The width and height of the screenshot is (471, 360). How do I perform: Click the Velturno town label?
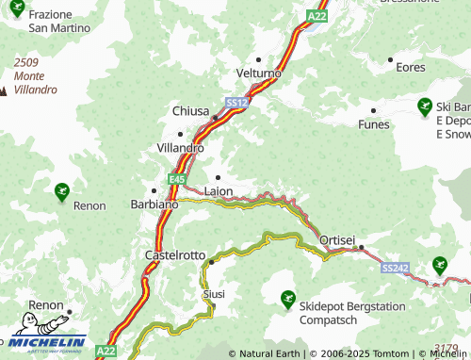259,73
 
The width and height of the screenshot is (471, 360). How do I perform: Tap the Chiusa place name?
190,110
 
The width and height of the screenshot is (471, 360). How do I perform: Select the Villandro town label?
179,148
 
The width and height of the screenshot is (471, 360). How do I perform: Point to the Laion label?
218,190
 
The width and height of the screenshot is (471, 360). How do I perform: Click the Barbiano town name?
155,204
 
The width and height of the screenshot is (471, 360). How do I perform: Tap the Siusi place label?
214,294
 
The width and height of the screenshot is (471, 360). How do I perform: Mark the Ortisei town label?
337,240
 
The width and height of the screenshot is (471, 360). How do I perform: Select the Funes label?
374,123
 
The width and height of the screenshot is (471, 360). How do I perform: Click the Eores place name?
411,67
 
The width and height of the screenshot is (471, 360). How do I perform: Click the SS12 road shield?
235,102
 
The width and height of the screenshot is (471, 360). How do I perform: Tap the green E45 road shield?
177,178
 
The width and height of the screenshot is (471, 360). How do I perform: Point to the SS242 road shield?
395,269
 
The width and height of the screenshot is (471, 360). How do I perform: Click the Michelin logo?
44,343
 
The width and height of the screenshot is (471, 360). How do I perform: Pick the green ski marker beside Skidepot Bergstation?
287,300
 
